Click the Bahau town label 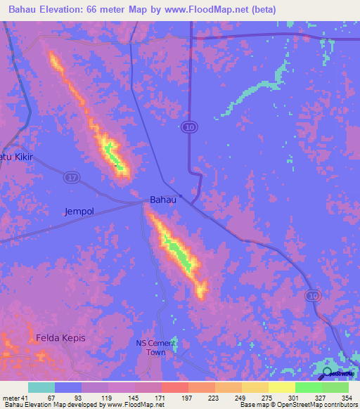coord(162,200)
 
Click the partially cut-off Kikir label coord(16,156)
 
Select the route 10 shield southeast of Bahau coord(312,297)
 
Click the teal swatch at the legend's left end coord(41,387)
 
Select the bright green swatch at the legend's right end coord(335,387)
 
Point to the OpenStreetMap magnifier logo coord(328,373)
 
